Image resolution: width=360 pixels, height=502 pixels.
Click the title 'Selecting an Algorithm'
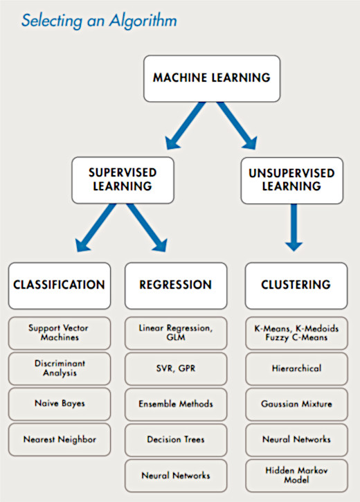click(x=99, y=21)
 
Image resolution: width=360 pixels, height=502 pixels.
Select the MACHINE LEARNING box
click(x=212, y=78)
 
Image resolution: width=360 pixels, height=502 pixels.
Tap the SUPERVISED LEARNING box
click(x=123, y=180)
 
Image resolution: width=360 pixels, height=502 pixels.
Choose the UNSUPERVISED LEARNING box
click(x=292, y=181)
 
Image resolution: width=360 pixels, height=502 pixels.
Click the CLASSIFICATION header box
click(x=60, y=286)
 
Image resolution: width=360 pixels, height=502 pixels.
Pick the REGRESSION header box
click(x=176, y=286)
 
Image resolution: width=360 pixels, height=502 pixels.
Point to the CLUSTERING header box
click(x=296, y=286)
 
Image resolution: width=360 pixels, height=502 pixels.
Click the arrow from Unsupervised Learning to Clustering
click(x=294, y=227)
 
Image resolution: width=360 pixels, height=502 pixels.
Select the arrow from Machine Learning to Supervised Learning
click(x=186, y=125)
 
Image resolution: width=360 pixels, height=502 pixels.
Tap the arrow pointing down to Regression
click(x=147, y=228)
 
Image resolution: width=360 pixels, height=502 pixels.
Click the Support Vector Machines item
click(x=60, y=333)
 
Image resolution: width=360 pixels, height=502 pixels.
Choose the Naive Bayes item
click(x=60, y=404)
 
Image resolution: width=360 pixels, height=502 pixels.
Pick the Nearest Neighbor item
click(x=60, y=440)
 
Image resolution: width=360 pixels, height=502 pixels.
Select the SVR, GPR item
click(x=176, y=369)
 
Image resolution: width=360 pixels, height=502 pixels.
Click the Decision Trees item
click(x=176, y=440)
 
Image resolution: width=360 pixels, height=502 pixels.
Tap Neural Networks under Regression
click(x=176, y=476)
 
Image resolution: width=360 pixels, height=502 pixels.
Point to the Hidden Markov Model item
click(x=296, y=476)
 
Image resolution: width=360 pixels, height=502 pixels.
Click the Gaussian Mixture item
click(x=296, y=404)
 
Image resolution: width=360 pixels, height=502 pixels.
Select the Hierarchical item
click(x=296, y=369)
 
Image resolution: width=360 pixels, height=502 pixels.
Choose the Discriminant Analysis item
click(x=60, y=368)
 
